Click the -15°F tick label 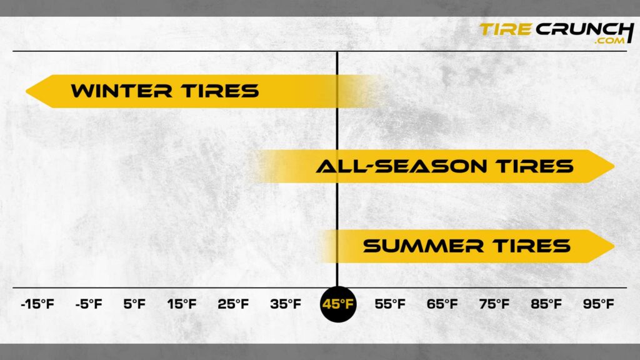(x=37, y=304)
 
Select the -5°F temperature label (x=88, y=304)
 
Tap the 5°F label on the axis (x=134, y=304)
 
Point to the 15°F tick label (x=182, y=304)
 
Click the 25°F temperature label (x=233, y=304)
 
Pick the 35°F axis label (x=286, y=304)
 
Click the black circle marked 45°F (x=337, y=304)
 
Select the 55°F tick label (x=390, y=304)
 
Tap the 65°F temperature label (x=442, y=304)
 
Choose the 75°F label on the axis (x=494, y=304)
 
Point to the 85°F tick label (x=546, y=304)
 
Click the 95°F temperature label (x=599, y=304)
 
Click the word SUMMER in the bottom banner (x=423, y=246)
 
